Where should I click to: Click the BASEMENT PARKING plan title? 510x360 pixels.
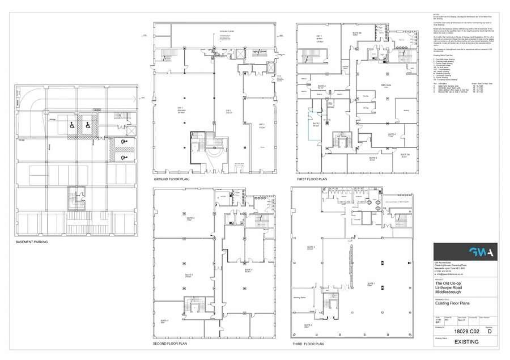(x=32, y=242)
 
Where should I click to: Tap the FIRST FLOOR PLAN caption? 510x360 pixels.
(x=312, y=179)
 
